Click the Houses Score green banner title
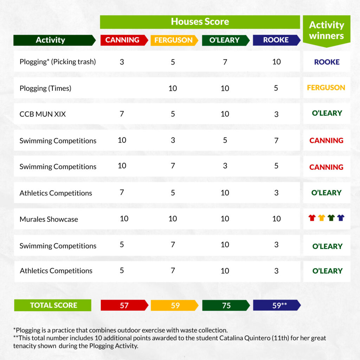pos(200,22)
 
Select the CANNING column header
pos(122,40)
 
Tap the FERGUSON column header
pos(173,40)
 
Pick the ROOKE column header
pos(276,40)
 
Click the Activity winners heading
pos(326,31)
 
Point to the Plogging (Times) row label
pos(45,88)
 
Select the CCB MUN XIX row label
pos(43,114)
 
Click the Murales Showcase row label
pos(49,219)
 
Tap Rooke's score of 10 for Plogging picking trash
pos(277,62)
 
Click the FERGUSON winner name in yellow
pos(326,88)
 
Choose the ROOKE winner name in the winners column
pos(327,62)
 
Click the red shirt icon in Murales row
pos(312,218)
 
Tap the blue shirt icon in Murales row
pos(341,218)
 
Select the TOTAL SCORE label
pos(53,305)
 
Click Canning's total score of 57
pos(124,306)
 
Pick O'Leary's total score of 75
pos(226,306)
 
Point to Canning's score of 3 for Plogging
pos(122,62)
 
